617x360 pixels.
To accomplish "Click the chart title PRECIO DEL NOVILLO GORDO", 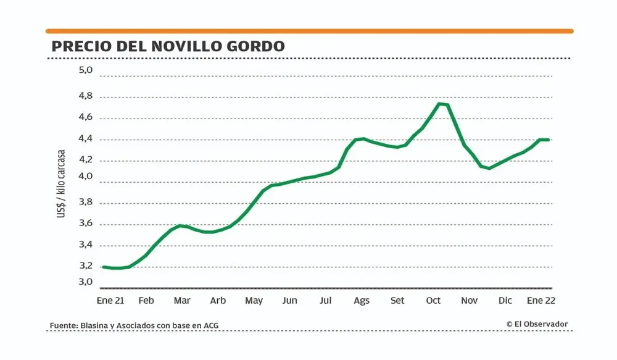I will pos(168,47).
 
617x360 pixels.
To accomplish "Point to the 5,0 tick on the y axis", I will pos(85,70).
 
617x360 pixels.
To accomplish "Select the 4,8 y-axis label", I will pos(85,96).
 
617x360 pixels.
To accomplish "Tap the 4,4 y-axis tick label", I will pos(85,139).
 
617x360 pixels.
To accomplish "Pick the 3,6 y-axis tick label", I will pos(85,224).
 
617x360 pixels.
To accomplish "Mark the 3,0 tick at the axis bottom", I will pos(85,282).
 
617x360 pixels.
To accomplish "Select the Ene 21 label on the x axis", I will pos(110,301).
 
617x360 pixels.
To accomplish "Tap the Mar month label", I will pos(182,301).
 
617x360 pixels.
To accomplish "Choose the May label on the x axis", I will pos(254,301).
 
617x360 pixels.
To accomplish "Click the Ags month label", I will pos(362,301).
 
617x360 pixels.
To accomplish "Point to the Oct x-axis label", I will pos(433,301).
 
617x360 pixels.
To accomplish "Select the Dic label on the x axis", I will pos(505,301).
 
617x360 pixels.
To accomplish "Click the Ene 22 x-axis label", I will pos(542,301).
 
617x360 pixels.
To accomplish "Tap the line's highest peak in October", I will pos(440,104).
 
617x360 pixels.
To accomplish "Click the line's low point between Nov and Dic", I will pos(489,168).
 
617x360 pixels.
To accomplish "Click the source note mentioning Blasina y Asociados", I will pos(134,325).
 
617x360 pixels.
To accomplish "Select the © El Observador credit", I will pos(537,324).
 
